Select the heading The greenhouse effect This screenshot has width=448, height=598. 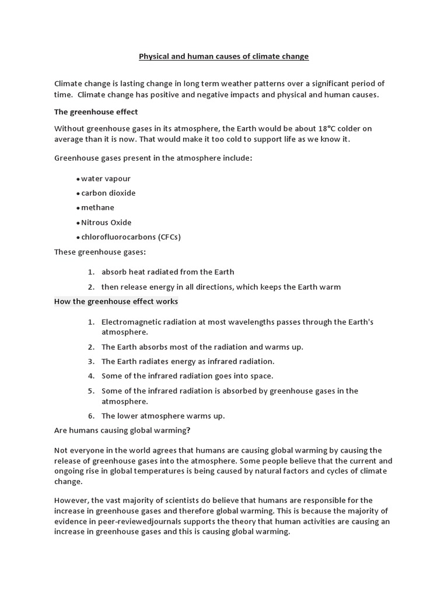click(96, 112)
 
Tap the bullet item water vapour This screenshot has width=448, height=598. click(106, 178)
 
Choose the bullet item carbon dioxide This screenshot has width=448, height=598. click(108, 193)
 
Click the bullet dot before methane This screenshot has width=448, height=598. click(78, 208)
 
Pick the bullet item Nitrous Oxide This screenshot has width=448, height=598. click(106, 222)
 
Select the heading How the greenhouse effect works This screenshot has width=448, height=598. click(116, 301)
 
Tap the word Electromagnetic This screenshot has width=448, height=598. click(131, 322)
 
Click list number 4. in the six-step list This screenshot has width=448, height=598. click(91, 376)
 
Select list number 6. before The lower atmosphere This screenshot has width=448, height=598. click(91, 416)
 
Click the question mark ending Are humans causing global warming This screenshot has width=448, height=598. click(188, 431)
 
